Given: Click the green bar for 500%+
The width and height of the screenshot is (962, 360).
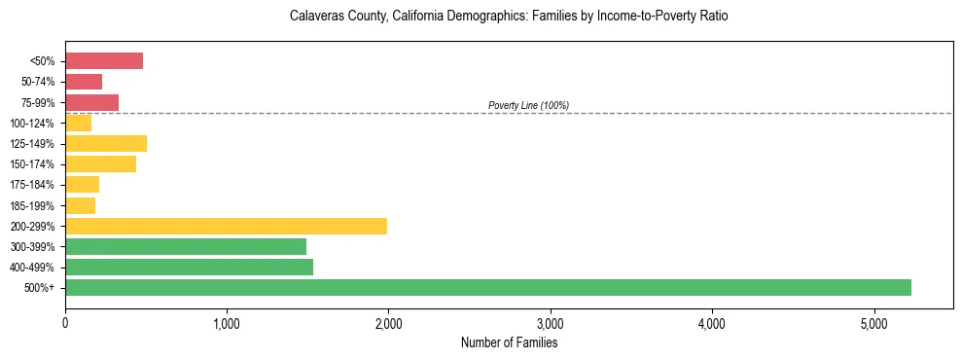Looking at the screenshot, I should click(x=487, y=287).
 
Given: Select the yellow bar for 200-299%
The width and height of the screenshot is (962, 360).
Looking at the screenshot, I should click(x=226, y=226).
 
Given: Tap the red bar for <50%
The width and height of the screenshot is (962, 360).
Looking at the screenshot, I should click(x=104, y=61).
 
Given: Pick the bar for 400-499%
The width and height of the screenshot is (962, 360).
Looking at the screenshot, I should click(x=189, y=267).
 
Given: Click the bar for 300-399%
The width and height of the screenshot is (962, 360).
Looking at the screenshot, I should click(x=186, y=246).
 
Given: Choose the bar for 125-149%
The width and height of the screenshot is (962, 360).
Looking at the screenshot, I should click(x=106, y=144).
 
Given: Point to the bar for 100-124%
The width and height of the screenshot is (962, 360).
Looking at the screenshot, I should click(x=78, y=124).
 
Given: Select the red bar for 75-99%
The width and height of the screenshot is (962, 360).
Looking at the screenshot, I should click(x=91, y=102).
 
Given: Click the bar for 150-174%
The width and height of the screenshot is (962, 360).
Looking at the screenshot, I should click(x=100, y=164).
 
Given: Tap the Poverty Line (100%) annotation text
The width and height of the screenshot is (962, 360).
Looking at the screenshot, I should click(x=528, y=105).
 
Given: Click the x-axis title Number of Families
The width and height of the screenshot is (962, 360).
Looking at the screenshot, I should click(x=509, y=342).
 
